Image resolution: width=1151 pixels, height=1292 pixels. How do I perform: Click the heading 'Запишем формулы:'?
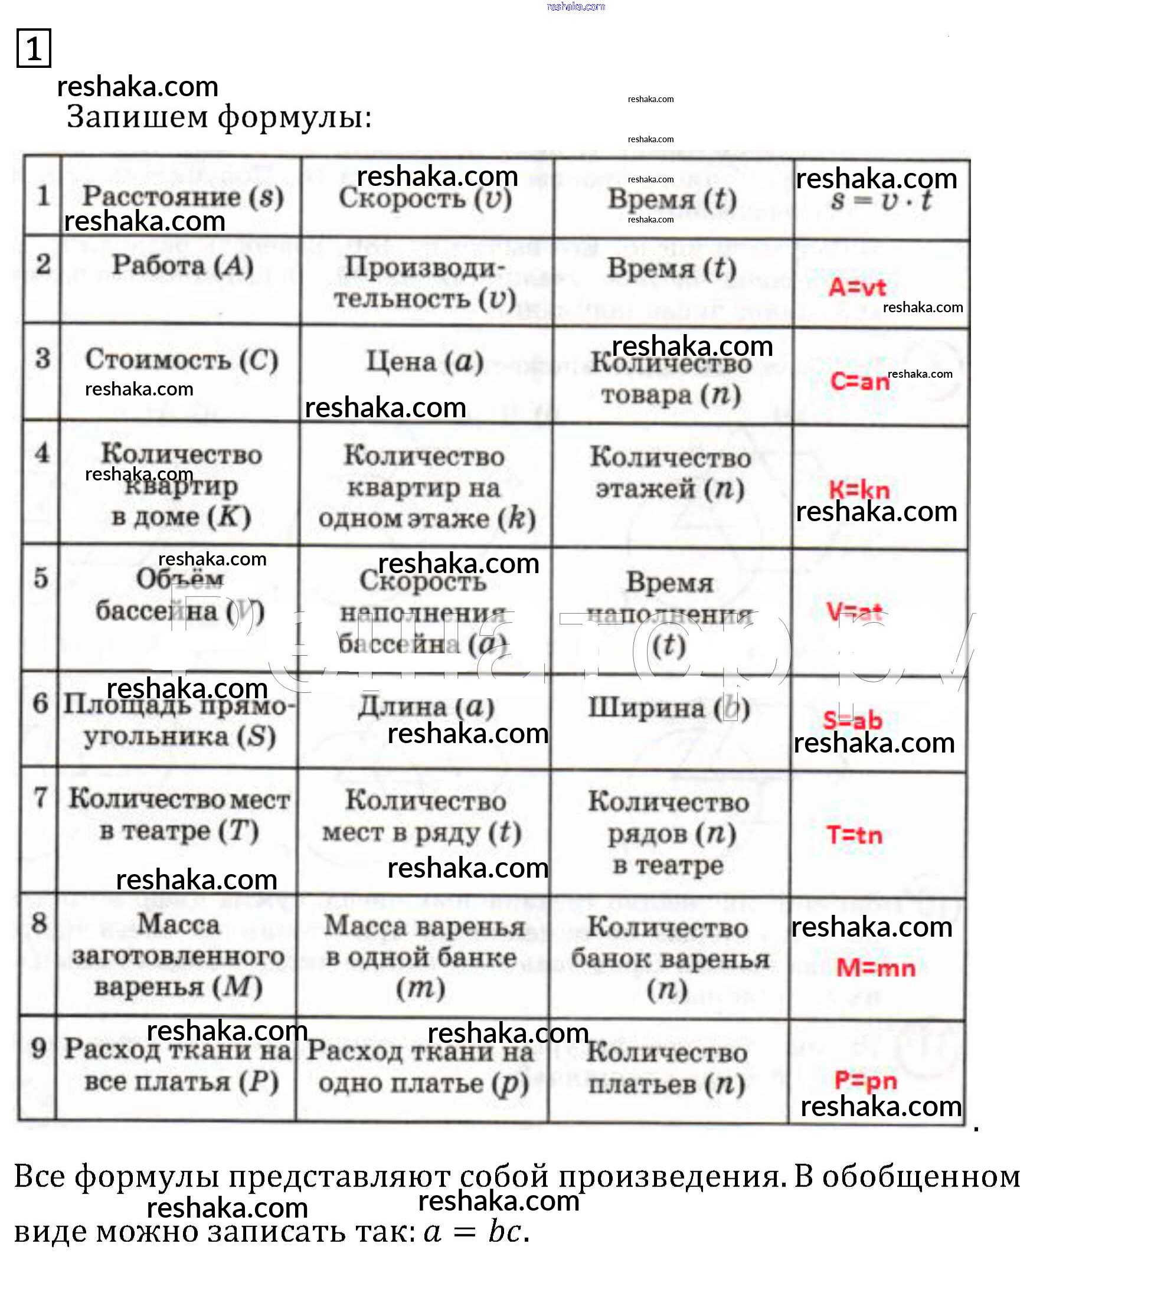[x=219, y=117]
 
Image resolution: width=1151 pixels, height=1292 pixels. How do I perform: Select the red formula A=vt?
[x=857, y=288]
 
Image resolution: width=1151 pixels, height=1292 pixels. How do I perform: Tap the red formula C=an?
[x=859, y=381]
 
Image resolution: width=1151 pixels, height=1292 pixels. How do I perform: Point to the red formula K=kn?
[x=859, y=490]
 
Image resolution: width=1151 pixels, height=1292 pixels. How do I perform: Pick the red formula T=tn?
[x=854, y=835]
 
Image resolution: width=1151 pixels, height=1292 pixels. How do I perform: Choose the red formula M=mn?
[x=875, y=968]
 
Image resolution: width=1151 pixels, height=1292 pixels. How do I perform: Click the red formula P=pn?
[x=865, y=1080]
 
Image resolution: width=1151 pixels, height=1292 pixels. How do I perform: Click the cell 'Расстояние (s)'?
[x=182, y=196]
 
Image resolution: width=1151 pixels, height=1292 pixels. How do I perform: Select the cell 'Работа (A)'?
[x=182, y=266]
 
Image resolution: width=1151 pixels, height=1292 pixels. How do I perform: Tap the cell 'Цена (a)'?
[x=425, y=362]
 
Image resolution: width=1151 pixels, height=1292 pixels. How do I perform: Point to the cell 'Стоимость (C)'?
[x=182, y=360]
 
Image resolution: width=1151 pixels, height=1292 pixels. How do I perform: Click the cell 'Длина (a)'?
[x=425, y=707]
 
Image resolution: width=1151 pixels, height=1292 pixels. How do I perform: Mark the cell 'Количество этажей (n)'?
[x=671, y=472]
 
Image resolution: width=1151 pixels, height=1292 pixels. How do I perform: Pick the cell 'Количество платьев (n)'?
[x=666, y=1069]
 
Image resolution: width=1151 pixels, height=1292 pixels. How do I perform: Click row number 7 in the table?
[x=40, y=798]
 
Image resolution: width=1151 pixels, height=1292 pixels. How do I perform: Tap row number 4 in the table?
[x=42, y=453]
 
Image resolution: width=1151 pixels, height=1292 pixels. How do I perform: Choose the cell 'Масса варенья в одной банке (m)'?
[x=424, y=957]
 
